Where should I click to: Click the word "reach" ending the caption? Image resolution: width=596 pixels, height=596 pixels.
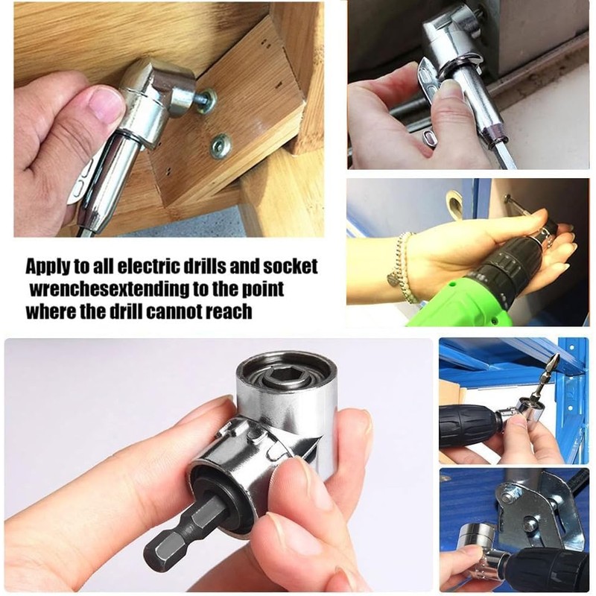point(229,310)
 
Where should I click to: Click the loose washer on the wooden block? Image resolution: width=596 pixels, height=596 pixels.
point(220,145)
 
